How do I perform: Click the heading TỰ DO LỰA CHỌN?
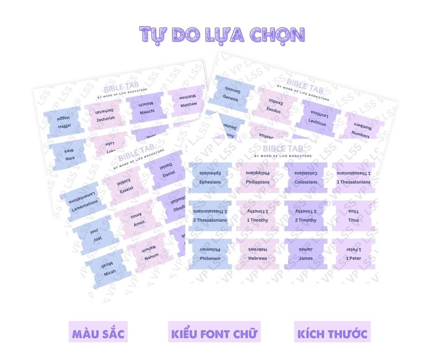point(222,34)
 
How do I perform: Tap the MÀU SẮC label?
point(98,333)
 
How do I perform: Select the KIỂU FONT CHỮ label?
point(214,333)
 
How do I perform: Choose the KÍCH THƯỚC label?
point(332,333)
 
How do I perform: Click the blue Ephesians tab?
point(210,177)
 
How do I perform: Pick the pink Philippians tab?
point(258,177)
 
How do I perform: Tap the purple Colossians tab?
point(306,177)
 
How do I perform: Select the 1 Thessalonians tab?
point(354,177)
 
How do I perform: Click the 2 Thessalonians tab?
point(210,215)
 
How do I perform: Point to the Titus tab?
point(354,215)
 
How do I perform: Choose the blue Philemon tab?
point(210,254)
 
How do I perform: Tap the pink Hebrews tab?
point(258,254)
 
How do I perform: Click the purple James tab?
point(306,254)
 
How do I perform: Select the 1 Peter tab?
point(354,254)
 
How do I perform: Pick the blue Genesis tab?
point(231,93)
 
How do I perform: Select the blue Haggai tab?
point(64,122)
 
